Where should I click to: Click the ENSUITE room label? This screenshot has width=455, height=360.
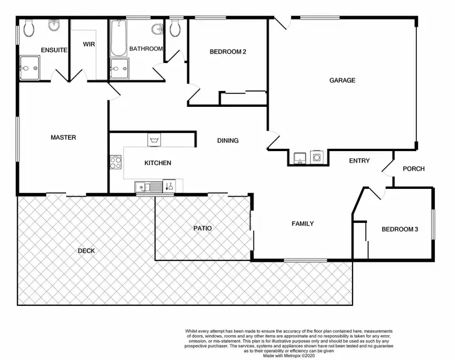(54, 50)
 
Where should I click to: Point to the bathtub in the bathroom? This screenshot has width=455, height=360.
(118, 38)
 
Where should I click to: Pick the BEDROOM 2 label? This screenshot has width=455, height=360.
(227, 52)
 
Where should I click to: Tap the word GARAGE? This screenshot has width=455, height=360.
(342, 80)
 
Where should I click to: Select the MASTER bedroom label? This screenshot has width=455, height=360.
(63, 138)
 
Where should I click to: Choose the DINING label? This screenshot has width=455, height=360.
(227, 141)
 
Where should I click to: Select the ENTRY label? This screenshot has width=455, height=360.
(359, 161)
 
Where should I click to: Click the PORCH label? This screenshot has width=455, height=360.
(414, 169)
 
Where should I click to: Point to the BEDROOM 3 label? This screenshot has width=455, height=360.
(400, 229)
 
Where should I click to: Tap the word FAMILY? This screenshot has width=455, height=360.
(303, 224)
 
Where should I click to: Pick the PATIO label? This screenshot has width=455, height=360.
(203, 229)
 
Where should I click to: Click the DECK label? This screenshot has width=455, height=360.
(86, 251)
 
